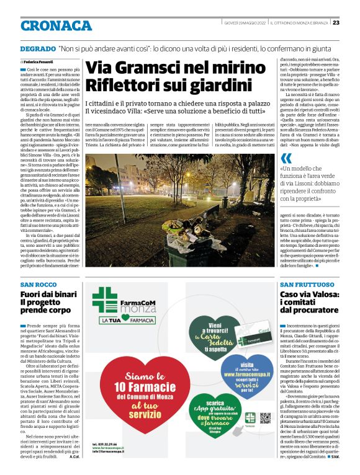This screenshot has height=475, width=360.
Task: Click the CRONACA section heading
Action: pos(56,25)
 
